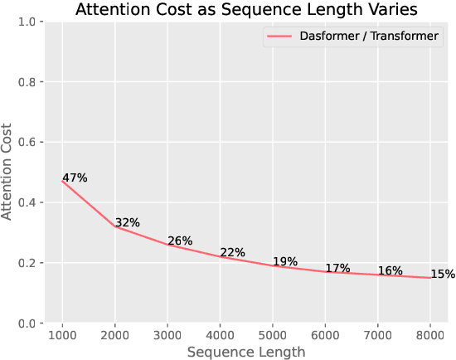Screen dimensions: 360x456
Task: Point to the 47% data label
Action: [x=75, y=178]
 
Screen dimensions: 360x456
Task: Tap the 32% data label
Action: [x=128, y=222]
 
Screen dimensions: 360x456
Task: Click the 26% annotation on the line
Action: [x=180, y=241]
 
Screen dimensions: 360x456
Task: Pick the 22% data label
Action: [x=233, y=253]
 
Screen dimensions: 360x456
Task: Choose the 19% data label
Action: [x=285, y=262]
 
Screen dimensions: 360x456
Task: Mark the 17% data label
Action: [x=337, y=268]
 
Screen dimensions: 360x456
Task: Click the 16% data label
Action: [x=391, y=271]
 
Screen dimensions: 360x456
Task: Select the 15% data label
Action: [x=443, y=275]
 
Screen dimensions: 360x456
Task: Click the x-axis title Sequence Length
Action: [x=245, y=352]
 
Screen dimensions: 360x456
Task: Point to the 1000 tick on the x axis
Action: [x=62, y=334]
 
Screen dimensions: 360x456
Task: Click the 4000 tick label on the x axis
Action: [x=220, y=334]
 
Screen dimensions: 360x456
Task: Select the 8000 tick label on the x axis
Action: [x=429, y=334]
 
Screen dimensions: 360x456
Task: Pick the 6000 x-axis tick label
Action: [x=324, y=334]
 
